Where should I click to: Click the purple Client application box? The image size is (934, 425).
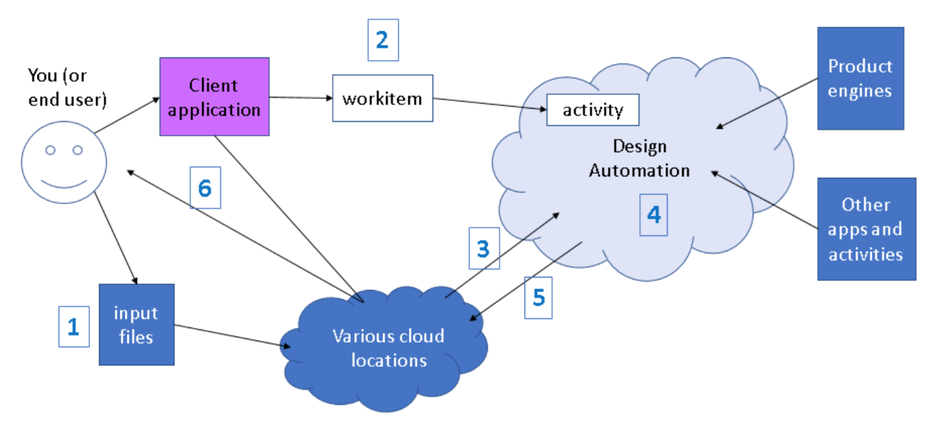pyautogui.click(x=214, y=97)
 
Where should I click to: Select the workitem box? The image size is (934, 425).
pyautogui.click(x=382, y=98)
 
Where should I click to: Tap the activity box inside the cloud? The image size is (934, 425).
pyautogui.click(x=592, y=110)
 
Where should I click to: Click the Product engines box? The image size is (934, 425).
pyautogui.click(x=860, y=78)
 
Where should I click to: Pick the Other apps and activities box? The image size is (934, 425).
pyautogui.click(x=866, y=229)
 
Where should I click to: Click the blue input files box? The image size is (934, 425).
pyautogui.click(x=136, y=324)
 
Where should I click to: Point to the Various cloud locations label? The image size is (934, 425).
pyautogui.click(x=388, y=348)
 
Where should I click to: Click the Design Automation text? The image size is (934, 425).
pyautogui.click(x=639, y=159)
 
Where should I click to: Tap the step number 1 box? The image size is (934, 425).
pyautogui.click(x=73, y=327)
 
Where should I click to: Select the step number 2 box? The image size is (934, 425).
pyautogui.click(x=383, y=40)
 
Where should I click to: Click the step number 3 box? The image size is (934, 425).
pyautogui.click(x=484, y=248)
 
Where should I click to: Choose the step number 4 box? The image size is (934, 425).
pyautogui.click(x=653, y=215)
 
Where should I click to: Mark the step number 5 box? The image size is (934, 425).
pyautogui.click(x=538, y=298)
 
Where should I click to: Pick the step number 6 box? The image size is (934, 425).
pyautogui.click(x=205, y=188)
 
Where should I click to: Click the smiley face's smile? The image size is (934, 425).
pyautogui.click(x=64, y=183)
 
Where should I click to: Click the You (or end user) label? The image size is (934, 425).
pyautogui.click(x=67, y=87)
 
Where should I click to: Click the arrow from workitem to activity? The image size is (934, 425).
pyautogui.click(x=489, y=104)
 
